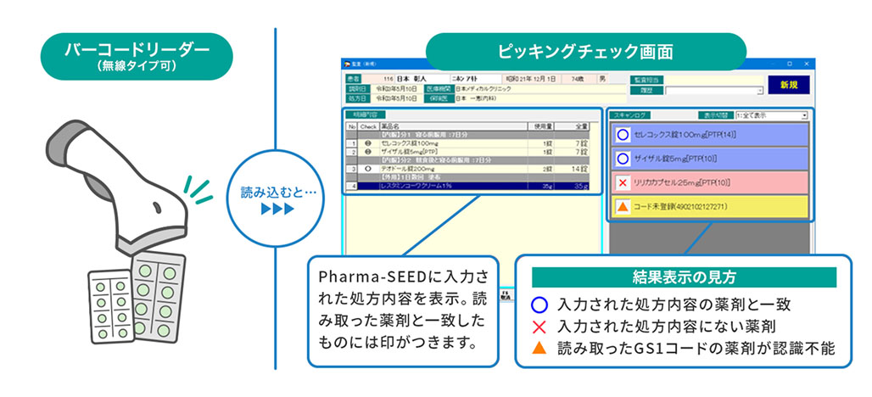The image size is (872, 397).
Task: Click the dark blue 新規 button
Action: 788,85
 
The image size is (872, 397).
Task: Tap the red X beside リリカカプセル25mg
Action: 623,182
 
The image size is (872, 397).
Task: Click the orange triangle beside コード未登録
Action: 623,206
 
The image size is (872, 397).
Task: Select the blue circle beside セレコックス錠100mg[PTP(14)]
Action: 623,135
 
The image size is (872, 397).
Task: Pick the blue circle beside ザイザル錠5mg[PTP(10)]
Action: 623,159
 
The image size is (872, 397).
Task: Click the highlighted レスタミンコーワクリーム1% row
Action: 467,184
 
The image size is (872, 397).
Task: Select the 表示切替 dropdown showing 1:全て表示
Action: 770,115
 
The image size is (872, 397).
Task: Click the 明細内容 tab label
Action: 366,115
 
